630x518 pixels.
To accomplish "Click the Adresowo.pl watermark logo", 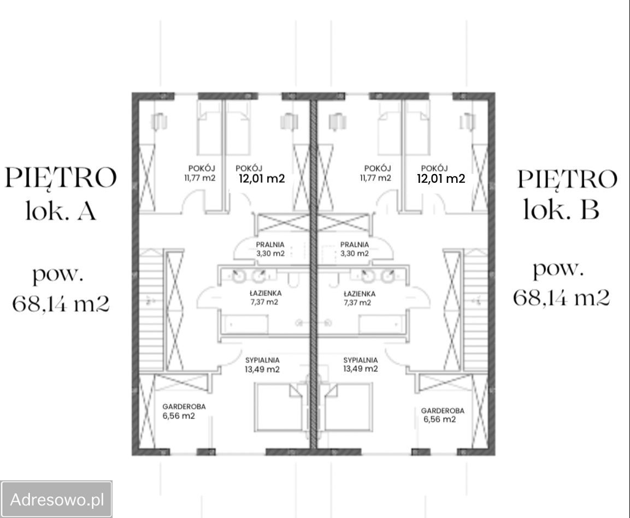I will click(56, 499).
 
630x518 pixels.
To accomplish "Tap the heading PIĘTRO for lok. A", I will click(61, 178).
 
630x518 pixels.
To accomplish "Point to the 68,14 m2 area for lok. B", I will click(561, 297).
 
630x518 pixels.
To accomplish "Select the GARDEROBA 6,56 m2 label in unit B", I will click(442, 415).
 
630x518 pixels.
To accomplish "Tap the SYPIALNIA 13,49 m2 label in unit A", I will click(262, 365).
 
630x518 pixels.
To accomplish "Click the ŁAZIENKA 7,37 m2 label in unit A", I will click(264, 297).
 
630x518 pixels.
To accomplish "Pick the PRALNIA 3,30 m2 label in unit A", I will click(270, 249).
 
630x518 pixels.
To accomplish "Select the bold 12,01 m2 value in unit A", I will click(262, 178).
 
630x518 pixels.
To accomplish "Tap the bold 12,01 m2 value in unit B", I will click(441, 178).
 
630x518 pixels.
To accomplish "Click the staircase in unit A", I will click(151, 311).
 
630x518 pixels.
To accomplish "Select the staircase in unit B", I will click(475, 311).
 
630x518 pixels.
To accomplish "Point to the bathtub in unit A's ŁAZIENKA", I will click(246, 326).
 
